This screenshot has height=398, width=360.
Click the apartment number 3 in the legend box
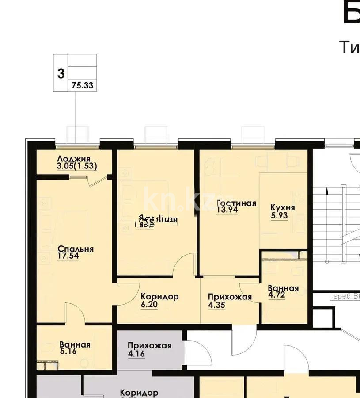click(x=61, y=73)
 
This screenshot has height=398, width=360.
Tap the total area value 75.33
click(x=82, y=86)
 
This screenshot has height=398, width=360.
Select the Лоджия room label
click(x=74, y=159)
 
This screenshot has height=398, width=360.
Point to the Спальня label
click(x=76, y=249)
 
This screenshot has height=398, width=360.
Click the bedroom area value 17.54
click(x=68, y=256)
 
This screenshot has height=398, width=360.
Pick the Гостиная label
click(x=236, y=203)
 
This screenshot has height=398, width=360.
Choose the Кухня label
click(x=283, y=208)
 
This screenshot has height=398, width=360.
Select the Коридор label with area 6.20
click(x=159, y=296)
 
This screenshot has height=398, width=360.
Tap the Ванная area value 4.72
click(x=277, y=296)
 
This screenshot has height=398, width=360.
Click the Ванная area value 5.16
click(x=68, y=352)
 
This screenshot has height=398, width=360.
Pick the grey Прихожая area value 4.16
click(x=136, y=354)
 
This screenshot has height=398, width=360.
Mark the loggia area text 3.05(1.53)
click(x=76, y=166)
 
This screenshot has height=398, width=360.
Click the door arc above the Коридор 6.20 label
click(x=183, y=265)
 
